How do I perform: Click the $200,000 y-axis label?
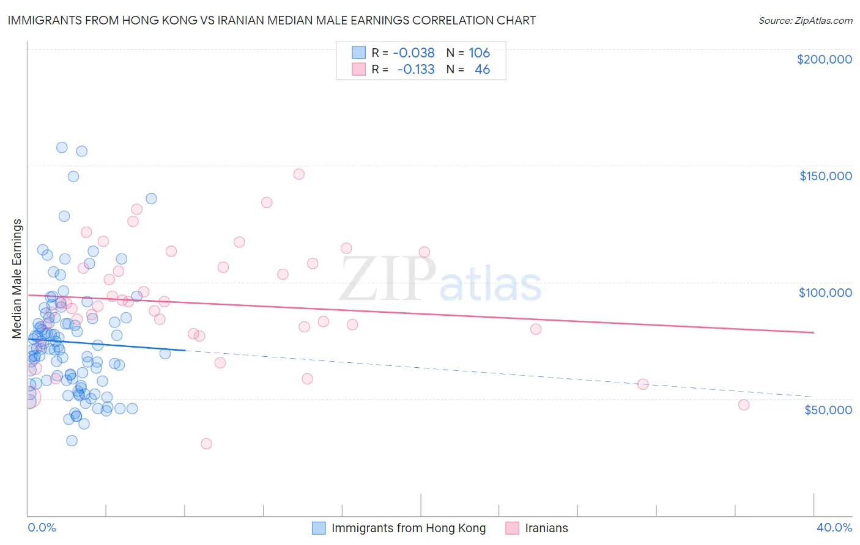pyautogui.click(x=824, y=59)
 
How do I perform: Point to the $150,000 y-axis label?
pyautogui.click(x=825, y=176)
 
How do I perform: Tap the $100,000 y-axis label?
pyautogui.click(x=825, y=293)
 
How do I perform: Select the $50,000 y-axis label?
pyautogui.click(x=828, y=409)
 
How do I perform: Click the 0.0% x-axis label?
pyautogui.click(x=42, y=527)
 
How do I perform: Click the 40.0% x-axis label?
pyautogui.click(x=834, y=527)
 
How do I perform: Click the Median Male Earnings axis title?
pyautogui.click(x=17, y=279)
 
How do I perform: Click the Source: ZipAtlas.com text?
pyautogui.click(x=805, y=20)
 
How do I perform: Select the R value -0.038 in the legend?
pyautogui.click(x=413, y=53)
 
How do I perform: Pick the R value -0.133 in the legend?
pyautogui.click(x=415, y=70)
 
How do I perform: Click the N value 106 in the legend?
pyautogui.click(x=479, y=53)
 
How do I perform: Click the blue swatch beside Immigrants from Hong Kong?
pyautogui.click(x=319, y=528)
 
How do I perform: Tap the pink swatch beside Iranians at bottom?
pyautogui.click(x=512, y=528)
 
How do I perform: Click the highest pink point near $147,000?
pyautogui.click(x=298, y=174)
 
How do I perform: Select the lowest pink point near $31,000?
pyautogui.click(x=206, y=444)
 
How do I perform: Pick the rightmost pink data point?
pyautogui.click(x=744, y=404)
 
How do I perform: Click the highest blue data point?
pyautogui.click(x=62, y=147)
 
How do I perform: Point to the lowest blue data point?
pyautogui.click(x=72, y=441)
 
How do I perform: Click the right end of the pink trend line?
pyautogui.click(x=814, y=332)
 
